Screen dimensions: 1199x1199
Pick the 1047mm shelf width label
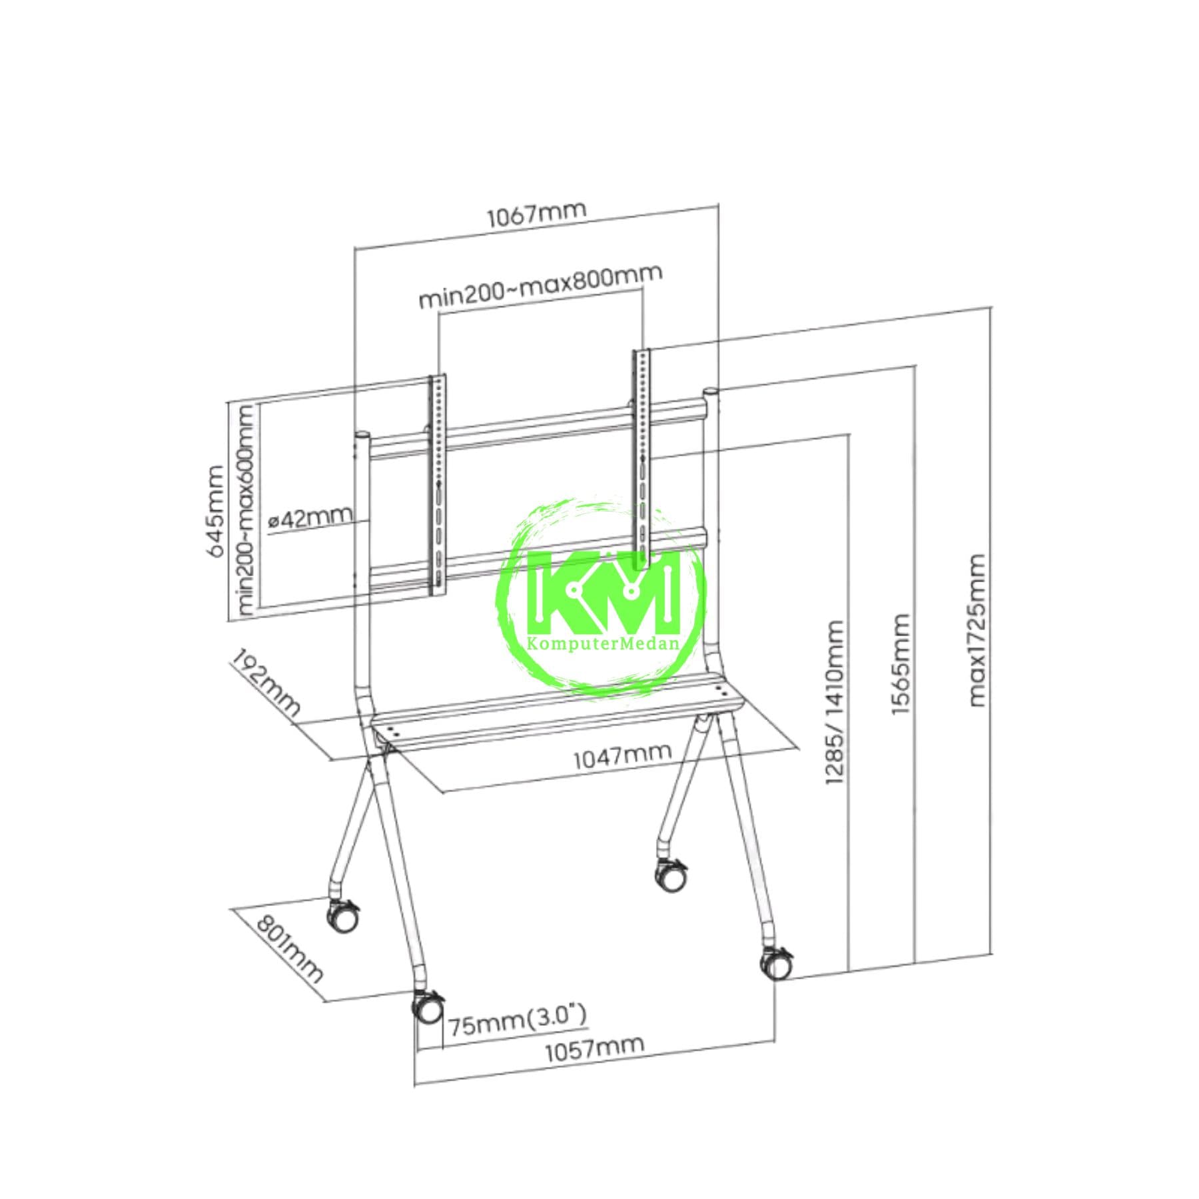click(x=623, y=755)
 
